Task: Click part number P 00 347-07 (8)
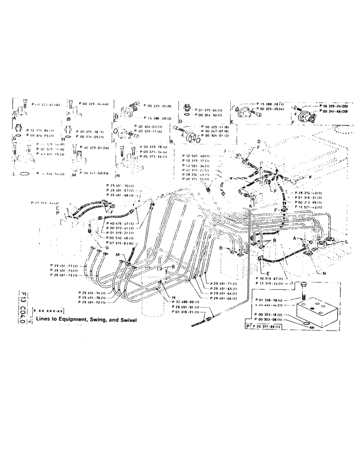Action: pyautogui.click(x=214, y=131)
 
